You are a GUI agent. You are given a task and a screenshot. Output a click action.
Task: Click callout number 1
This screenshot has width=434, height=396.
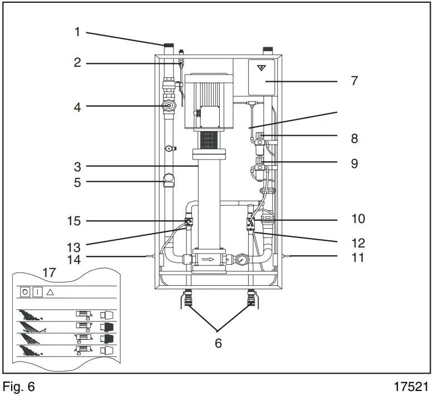tap(77, 32)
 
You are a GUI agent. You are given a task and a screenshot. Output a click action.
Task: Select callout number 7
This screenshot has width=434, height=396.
tap(354, 81)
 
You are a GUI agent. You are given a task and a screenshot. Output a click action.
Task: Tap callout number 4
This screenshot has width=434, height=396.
tap(77, 107)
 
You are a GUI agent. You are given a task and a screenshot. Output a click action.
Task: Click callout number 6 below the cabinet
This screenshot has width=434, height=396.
tap(218, 343)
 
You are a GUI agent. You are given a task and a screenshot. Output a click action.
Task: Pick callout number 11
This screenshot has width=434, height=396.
tap(358, 258)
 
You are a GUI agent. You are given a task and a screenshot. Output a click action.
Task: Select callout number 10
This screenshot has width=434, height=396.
tap(358, 219)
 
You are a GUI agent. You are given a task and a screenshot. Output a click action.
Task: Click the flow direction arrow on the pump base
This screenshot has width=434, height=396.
tap(207, 259)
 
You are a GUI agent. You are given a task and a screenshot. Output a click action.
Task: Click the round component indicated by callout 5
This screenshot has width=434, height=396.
tap(169, 181)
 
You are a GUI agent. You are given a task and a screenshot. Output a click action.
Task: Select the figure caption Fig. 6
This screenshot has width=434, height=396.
tap(18, 387)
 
